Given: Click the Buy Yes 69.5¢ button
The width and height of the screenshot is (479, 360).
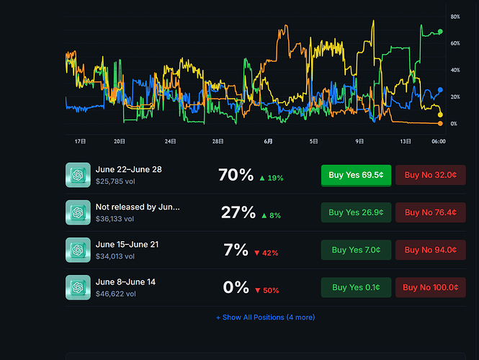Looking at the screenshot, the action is (356, 175).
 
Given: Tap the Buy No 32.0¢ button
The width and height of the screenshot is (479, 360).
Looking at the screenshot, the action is (431, 175).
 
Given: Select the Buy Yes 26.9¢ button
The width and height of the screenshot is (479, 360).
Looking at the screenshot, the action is (356, 212).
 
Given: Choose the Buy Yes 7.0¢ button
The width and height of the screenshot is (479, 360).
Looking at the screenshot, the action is (356, 250).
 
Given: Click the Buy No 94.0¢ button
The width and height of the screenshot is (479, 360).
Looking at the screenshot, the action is (431, 250).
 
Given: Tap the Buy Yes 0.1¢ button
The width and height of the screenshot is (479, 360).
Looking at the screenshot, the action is (356, 287).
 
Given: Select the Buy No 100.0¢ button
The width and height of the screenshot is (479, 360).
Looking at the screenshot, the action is (431, 287).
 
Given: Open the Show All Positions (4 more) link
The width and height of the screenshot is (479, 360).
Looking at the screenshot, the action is (266, 318).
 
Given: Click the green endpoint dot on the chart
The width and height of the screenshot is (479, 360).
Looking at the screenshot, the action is (440, 32).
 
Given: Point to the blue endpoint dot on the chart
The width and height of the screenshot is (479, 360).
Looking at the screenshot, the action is (440, 90).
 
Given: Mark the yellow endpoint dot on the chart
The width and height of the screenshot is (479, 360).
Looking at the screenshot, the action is (440, 114).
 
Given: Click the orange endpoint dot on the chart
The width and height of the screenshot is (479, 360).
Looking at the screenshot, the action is (440, 124).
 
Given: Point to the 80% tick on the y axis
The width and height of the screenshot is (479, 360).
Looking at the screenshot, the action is (455, 17).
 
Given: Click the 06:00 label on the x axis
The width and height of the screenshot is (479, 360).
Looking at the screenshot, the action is (439, 141).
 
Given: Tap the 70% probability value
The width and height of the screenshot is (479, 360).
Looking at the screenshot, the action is (236, 175).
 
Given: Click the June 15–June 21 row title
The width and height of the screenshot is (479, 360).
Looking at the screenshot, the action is (127, 245).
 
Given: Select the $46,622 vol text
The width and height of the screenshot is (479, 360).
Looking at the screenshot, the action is (115, 294).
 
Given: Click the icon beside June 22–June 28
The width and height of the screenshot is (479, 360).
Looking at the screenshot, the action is (78, 175).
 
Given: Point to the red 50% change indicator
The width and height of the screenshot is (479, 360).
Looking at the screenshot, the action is (267, 290).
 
